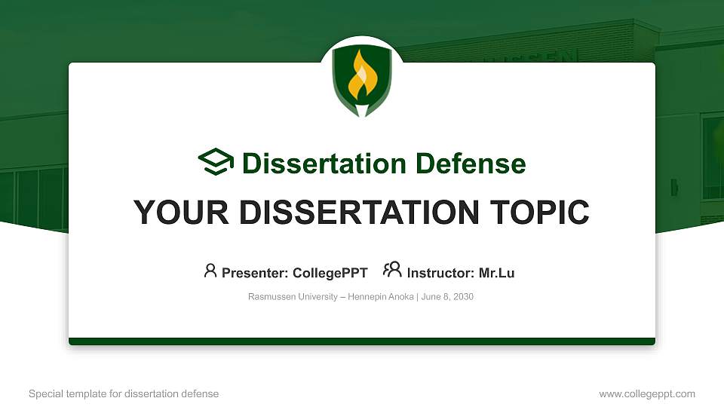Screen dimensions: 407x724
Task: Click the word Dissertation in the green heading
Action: tap(315, 164)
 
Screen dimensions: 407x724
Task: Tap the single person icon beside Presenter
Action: tap(210, 271)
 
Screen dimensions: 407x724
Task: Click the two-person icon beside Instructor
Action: tap(392, 271)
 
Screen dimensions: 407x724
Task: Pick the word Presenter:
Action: tap(253, 273)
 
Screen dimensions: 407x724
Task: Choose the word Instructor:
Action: tap(440, 273)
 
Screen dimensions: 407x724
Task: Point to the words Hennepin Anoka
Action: tap(380, 297)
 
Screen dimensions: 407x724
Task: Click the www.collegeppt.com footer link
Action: tap(646, 393)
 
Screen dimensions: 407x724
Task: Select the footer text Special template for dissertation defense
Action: tap(124, 393)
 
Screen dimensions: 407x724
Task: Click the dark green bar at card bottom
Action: tap(362, 341)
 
